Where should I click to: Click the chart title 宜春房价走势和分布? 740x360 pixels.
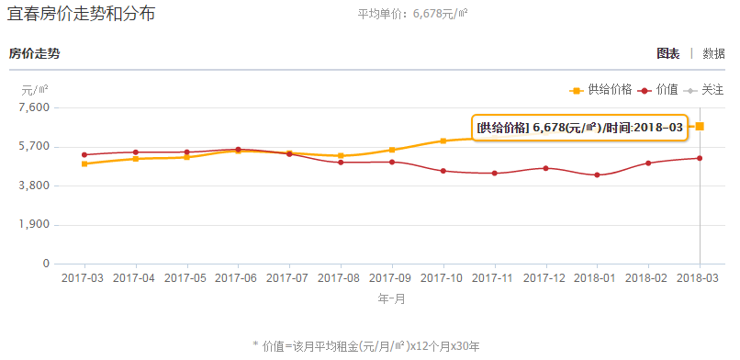[x=82, y=15]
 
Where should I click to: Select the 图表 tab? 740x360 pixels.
[x=667, y=53]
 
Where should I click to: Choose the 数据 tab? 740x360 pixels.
[x=713, y=53]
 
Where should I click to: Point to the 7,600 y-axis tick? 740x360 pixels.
[x=34, y=107]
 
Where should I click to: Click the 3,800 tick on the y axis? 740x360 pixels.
[x=34, y=186]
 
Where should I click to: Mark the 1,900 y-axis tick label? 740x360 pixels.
[x=34, y=225]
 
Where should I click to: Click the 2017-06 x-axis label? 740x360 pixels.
[x=238, y=277]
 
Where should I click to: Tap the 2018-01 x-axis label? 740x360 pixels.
[x=598, y=277]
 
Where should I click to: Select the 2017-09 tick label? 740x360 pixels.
[x=392, y=277]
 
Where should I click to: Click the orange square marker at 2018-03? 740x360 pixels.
[x=700, y=126]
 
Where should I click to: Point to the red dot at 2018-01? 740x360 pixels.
[x=598, y=174]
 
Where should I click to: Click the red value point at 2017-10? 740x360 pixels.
[x=443, y=171]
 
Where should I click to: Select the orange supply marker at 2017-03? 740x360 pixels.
[x=84, y=163]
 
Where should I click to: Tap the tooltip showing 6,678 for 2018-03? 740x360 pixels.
[x=580, y=127]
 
